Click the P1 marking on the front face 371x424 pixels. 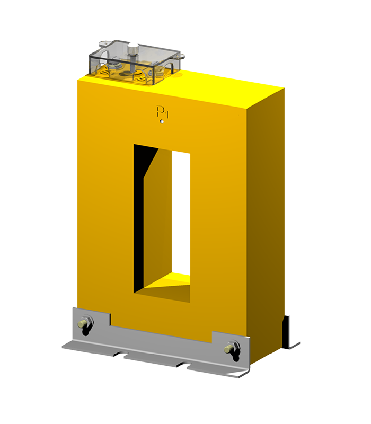coord(162,112)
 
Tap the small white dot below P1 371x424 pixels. coord(162,122)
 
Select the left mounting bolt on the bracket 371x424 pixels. coord(84,324)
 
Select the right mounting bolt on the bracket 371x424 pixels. coord(231,348)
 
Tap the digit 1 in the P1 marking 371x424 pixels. coord(166,113)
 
